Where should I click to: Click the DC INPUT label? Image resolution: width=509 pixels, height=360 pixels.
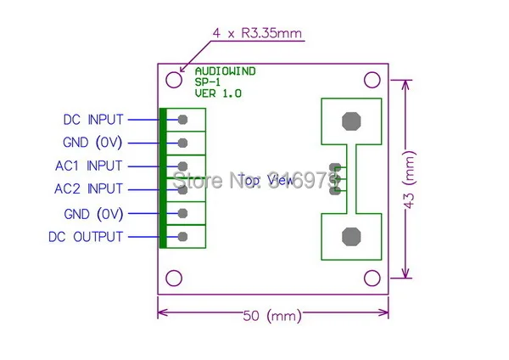[92, 120]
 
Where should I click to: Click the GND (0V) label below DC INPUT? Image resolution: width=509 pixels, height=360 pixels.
[92, 143]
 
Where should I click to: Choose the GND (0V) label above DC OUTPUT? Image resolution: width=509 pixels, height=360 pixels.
[92, 212]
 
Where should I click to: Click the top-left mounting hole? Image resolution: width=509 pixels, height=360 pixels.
[173, 80]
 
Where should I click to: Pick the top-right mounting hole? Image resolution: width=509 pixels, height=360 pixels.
[372, 80]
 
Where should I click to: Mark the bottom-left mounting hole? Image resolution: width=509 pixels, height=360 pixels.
[173, 278]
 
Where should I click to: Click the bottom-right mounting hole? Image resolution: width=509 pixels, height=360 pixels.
[372, 278]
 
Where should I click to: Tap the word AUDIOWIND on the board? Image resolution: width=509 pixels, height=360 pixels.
[224, 71]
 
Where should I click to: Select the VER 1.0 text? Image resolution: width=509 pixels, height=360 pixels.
[218, 93]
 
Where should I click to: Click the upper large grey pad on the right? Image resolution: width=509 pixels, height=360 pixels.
[350, 121]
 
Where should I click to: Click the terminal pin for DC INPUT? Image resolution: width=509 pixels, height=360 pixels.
[182, 120]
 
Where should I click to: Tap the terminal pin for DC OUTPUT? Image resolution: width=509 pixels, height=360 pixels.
[182, 236]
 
